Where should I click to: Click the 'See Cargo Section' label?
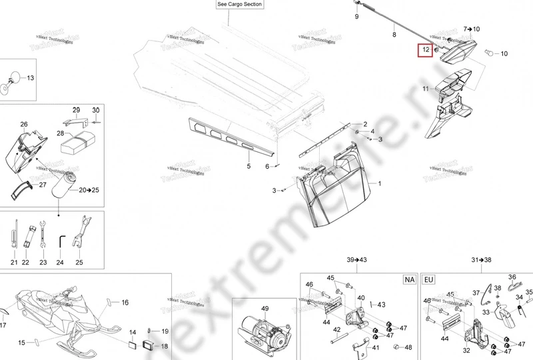click(x=241, y=5)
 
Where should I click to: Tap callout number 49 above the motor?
click(x=264, y=308)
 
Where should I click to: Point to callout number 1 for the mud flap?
click(x=380, y=183)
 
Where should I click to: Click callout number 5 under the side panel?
click(x=249, y=165)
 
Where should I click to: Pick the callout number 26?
click(x=24, y=125)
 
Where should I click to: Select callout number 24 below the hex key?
click(x=60, y=262)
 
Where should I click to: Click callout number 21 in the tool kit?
click(x=14, y=262)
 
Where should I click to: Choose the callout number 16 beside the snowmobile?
click(x=125, y=302)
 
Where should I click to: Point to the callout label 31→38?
click(x=481, y=259)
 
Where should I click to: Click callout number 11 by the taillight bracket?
click(x=425, y=88)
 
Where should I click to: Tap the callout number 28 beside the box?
click(x=61, y=133)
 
